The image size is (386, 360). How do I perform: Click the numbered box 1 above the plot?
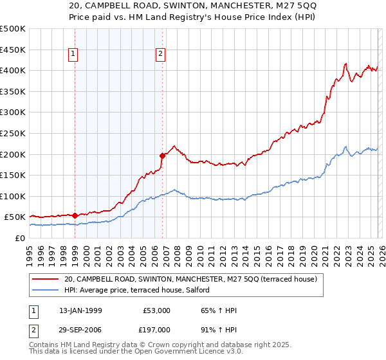click(x=75, y=55)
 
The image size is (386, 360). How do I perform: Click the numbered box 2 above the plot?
click(x=160, y=55)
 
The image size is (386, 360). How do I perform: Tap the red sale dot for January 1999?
click(x=75, y=216)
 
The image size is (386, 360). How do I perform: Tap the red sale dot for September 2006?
click(x=162, y=155)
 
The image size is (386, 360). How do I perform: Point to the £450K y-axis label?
click(x=13, y=50)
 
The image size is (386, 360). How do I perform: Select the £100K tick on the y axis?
click(x=13, y=196)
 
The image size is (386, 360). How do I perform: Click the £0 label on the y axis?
click(x=20, y=238)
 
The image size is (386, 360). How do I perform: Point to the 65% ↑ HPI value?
click(x=219, y=310)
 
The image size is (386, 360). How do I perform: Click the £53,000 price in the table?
click(x=157, y=310)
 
